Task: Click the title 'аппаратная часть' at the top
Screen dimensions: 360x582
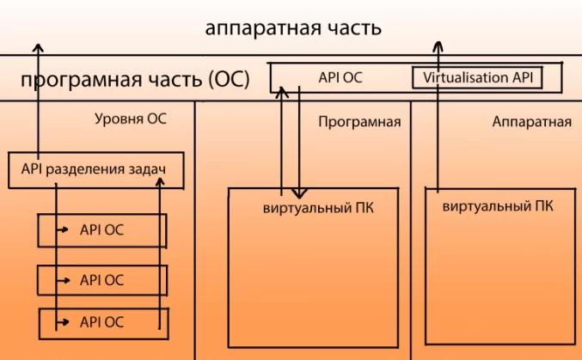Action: pyautogui.click(x=293, y=27)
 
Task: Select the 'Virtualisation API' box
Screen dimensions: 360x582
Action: pyautogui.click(x=478, y=77)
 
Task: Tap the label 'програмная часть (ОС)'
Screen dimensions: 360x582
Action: pyautogui.click(x=135, y=81)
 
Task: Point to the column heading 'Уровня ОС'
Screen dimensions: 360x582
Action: pyautogui.click(x=131, y=119)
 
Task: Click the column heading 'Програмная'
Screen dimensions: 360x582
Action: pyautogui.click(x=359, y=122)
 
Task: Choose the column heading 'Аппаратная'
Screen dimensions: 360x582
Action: pyautogui.click(x=532, y=122)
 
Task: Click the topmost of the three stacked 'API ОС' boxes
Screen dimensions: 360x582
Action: pyautogui.click(x=101, y=230)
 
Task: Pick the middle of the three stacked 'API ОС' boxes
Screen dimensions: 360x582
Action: pyautogui.click(x=101, y=280)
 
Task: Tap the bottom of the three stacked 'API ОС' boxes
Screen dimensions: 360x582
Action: pyautogui.click(x=101, y=322)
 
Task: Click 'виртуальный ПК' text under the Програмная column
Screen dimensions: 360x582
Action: pyautogui.click(x=318, y=208)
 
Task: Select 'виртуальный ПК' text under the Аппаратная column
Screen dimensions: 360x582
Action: pyautogui.click(x=498, y=206)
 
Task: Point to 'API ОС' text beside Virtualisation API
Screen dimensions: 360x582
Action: pyautogui.click(x=340, y=77)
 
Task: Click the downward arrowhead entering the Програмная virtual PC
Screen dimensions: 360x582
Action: pyautogui.click(x=297, y=192)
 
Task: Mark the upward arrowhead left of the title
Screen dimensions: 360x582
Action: pyautogui.click(x=38, y=48)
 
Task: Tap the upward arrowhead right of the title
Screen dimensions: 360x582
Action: pyautogui.click(x=438, y=46)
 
